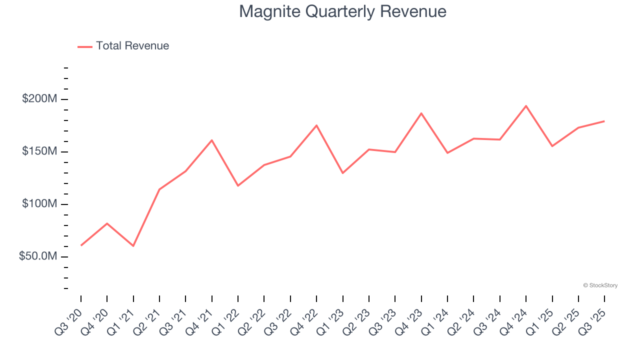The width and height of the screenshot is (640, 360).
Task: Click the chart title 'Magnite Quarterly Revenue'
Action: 342,11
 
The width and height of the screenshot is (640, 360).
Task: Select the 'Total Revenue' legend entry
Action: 132,46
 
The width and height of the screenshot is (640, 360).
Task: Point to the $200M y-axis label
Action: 39,99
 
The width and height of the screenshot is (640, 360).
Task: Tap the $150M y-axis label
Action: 39,151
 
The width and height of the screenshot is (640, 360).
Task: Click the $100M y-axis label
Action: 39,204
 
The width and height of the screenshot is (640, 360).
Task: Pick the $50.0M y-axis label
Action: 37,256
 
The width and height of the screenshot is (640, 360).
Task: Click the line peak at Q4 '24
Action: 526,106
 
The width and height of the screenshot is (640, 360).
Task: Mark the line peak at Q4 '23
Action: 421,113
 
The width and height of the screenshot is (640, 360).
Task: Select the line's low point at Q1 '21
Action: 133,246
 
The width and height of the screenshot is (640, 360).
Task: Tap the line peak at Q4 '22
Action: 316,125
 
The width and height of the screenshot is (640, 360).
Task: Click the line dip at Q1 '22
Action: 238,186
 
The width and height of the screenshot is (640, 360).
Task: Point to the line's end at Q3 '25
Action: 604,121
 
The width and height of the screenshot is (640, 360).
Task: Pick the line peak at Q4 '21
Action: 212,140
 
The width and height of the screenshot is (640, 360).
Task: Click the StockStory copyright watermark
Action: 600,285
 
